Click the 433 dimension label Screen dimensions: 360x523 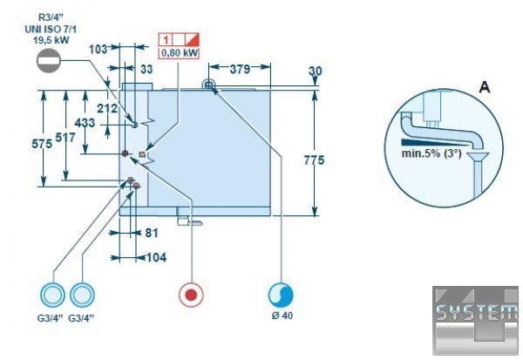click(85, 123)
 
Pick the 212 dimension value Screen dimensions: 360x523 click(108, 108)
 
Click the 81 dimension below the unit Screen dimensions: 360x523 click(150, 233)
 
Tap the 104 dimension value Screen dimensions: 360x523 click(155, 257)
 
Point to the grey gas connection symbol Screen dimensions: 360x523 click(51, 61)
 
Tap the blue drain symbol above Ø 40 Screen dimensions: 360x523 click(281, 294)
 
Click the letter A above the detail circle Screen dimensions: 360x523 click(484, 85)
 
